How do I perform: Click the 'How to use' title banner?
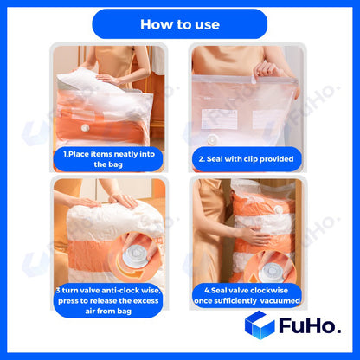(x=179, y=23)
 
